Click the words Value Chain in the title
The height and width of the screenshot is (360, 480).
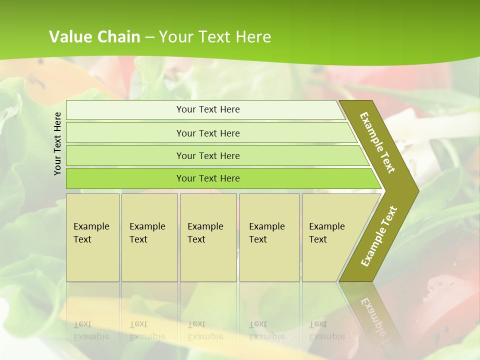coord(94,37)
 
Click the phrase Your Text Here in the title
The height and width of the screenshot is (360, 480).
coord(215,37)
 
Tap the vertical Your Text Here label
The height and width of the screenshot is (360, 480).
coord(57,143)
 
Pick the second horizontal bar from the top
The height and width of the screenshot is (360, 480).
coord(208,133)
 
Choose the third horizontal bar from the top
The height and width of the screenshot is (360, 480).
coord(208,155)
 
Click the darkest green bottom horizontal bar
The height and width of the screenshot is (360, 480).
coord(208,178)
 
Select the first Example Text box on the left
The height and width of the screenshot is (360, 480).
coord(92,237)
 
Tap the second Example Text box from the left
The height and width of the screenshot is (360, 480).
coord(149,237)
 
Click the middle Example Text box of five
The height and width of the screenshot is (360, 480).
coord(208,237)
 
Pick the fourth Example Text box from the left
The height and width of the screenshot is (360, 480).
coord(269,237)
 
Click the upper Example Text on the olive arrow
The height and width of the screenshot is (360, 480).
coord(378,142)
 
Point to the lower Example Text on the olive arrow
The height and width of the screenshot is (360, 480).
coord(378,236)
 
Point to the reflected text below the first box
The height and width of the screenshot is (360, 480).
coord(91,330)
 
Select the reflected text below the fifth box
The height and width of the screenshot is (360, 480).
coord(326,330)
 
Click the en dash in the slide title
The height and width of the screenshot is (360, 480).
coord(149,37)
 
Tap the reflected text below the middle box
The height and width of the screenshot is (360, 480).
coord(205,330)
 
